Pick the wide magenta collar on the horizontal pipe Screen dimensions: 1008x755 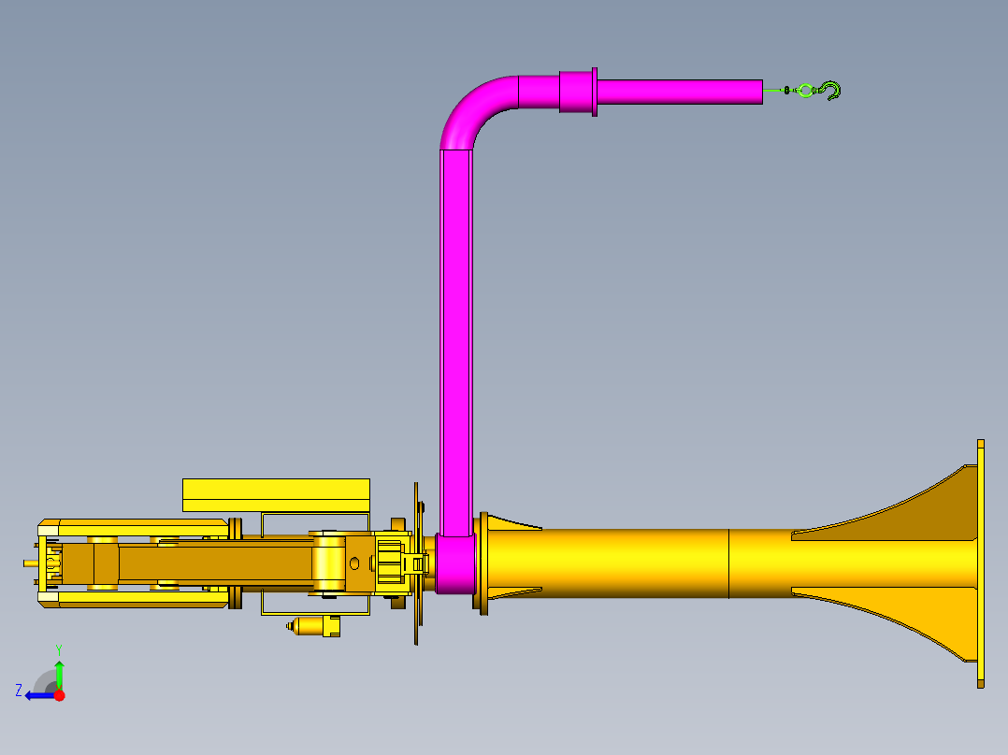tap(575, 92)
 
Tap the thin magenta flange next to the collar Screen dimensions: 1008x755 tap(595, 92)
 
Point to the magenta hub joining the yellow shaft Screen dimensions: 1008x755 tap(455, 563)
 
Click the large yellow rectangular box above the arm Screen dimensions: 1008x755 tap(276, 495)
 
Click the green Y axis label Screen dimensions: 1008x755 tap(59, 649)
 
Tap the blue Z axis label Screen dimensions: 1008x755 tap(19, 691)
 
